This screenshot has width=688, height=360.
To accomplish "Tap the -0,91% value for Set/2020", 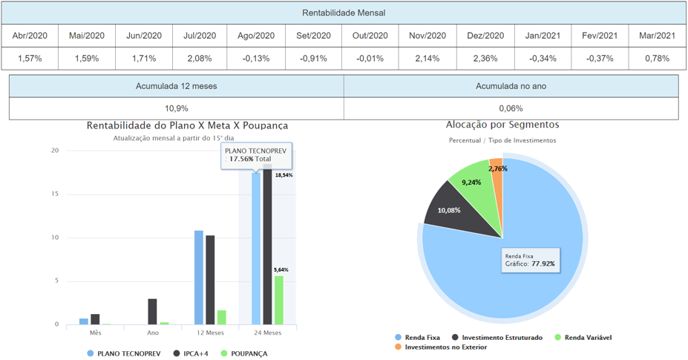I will click(x=314, y=58).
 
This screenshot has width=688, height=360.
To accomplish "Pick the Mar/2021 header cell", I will click(x=657, y=36).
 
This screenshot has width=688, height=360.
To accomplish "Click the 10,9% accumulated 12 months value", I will click(x=176, y=108).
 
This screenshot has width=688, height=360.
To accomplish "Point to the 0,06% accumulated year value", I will click(x=511, y=108).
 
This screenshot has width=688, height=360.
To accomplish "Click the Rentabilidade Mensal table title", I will click(x=344, y=13).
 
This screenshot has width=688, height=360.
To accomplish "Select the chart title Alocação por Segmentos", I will click(x=502, y=125).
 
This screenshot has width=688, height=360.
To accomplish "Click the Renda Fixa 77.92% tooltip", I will click(x=531, y=259).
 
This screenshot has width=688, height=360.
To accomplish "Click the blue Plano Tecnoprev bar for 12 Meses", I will click(x=199, y=278).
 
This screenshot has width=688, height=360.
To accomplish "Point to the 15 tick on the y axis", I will click(x=54, y=194).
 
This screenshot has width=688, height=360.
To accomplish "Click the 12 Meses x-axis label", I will click(x=210, y=333).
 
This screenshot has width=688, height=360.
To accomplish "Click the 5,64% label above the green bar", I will click(x=282, y=270).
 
